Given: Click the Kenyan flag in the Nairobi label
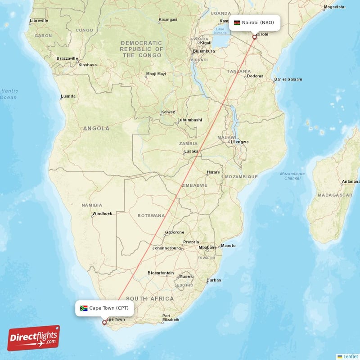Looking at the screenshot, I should tap(237, 22).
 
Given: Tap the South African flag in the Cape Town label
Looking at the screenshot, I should tap(84, 308).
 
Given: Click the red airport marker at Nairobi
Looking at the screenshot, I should tap(254, 37).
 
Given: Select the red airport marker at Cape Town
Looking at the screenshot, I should tap(104, 322).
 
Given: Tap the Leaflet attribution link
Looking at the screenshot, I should tap(351, 356).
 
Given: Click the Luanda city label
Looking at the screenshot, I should tap(68, 96).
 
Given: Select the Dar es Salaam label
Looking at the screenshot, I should tap(288, 80).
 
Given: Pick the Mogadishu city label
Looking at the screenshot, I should tap(334, 7).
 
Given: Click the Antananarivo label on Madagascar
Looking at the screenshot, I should tap(351, 182).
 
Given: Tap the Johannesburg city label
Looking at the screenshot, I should tap(166, 248).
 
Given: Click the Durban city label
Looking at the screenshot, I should tap(213, 280).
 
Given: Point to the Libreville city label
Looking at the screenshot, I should tap(39, 21).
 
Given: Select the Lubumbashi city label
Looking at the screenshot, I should tap(189, 120).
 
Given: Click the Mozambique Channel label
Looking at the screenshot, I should tap(292, 176).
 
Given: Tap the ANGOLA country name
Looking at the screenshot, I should tap(96, 129).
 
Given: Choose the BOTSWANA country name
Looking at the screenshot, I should tap(151, 216).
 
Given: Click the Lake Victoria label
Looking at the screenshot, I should tap(220, 31).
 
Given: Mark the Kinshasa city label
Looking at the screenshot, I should tap(87, 65).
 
